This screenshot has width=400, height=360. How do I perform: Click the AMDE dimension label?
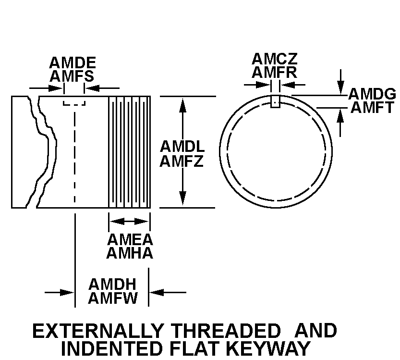click(73, 63)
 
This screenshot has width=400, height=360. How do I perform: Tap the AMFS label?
click(73, 76)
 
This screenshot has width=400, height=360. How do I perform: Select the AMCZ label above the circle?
click(275, 59)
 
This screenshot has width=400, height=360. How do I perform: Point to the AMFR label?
click(275, 72)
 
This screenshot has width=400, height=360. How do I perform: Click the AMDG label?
click(372, 94)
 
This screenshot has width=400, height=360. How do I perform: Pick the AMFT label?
click(372, 107)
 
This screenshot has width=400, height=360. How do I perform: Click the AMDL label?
click(182, 146)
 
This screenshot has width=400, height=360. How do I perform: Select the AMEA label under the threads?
click(130, 239)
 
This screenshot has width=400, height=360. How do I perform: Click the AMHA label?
click(130, 253)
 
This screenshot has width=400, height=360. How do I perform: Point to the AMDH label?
click(112, 284)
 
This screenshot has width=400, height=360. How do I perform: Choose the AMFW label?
click(112, 298)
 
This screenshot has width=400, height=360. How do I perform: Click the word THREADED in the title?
click(226, 331)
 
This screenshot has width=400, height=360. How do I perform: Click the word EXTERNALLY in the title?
click(97, 331)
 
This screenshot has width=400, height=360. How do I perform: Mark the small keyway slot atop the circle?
click(275, 101)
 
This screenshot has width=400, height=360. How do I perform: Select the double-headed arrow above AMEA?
click(130, 221)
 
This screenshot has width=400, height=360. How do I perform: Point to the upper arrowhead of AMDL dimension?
click(182, 103)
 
